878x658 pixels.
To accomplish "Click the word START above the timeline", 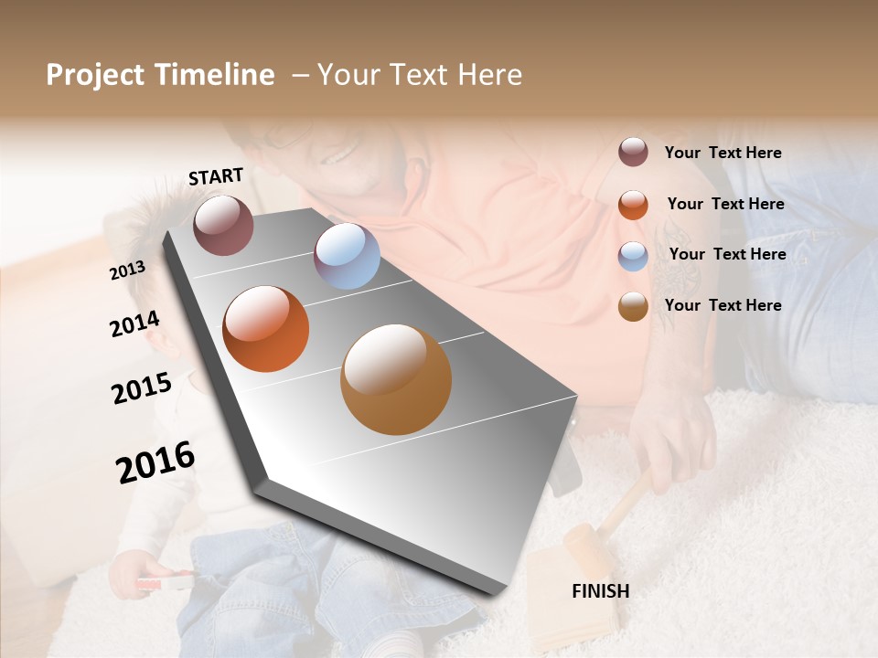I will [216, 176].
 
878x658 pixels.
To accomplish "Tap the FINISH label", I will [600, 591].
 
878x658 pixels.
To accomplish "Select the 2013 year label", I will [127, 271].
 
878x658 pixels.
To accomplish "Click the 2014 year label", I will [134, 324].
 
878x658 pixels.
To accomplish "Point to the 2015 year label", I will [141, 388].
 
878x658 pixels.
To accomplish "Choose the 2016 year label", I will [155, 462].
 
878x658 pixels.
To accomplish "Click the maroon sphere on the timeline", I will [223, 225].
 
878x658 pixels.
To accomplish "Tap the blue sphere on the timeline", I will [347, 256].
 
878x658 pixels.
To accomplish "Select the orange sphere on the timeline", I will [265, 329].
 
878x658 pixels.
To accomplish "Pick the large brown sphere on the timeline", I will [396, 379].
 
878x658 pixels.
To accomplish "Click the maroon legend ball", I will [633, 153].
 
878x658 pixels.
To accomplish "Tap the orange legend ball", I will [633, 205].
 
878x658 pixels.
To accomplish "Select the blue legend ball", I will [633, 256].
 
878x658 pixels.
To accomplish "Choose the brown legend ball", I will [633, 306].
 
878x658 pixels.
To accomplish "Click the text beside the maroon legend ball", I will [723, 154].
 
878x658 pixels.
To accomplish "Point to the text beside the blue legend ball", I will [727, 254].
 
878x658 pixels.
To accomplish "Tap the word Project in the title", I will [95, 75].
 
